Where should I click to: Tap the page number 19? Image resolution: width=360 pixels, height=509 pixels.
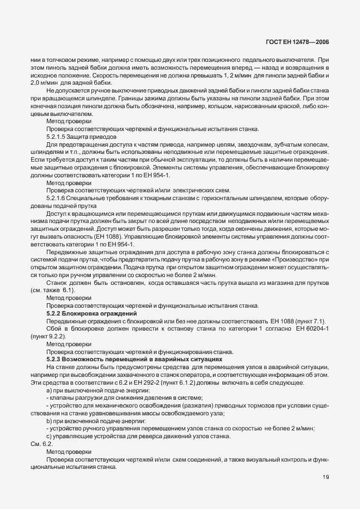325,477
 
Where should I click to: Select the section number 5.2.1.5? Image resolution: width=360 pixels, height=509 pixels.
56,136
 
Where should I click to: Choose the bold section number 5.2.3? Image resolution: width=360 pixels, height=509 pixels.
56,360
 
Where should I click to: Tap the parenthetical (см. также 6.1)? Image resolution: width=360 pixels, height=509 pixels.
52,291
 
